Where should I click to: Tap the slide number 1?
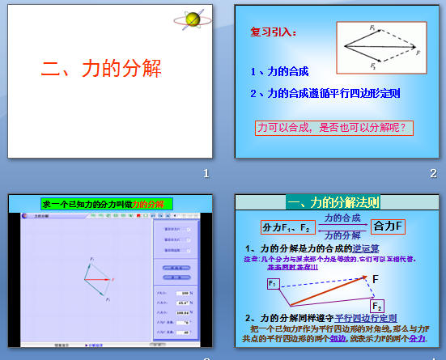pyautogui.click(x=206, y=172)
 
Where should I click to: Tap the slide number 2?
pyautogui.click(x=433, y=172)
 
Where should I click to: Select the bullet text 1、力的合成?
pyautogui.click(x=279, y=71)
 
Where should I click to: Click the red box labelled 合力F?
pyautogui.click(x=389, y=226)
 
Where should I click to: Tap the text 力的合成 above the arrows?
pyautogui.click(x=342, y=218)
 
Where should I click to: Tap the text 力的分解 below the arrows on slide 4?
pyautogui.click(x=342, y=235)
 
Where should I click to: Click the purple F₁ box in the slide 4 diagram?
pyautogui.click(x=274, y=284)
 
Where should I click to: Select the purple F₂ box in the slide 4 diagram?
pyautogui.click(x=377, y=306)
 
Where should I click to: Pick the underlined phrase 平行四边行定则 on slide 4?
pyautogui.click(x=366, y=318)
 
